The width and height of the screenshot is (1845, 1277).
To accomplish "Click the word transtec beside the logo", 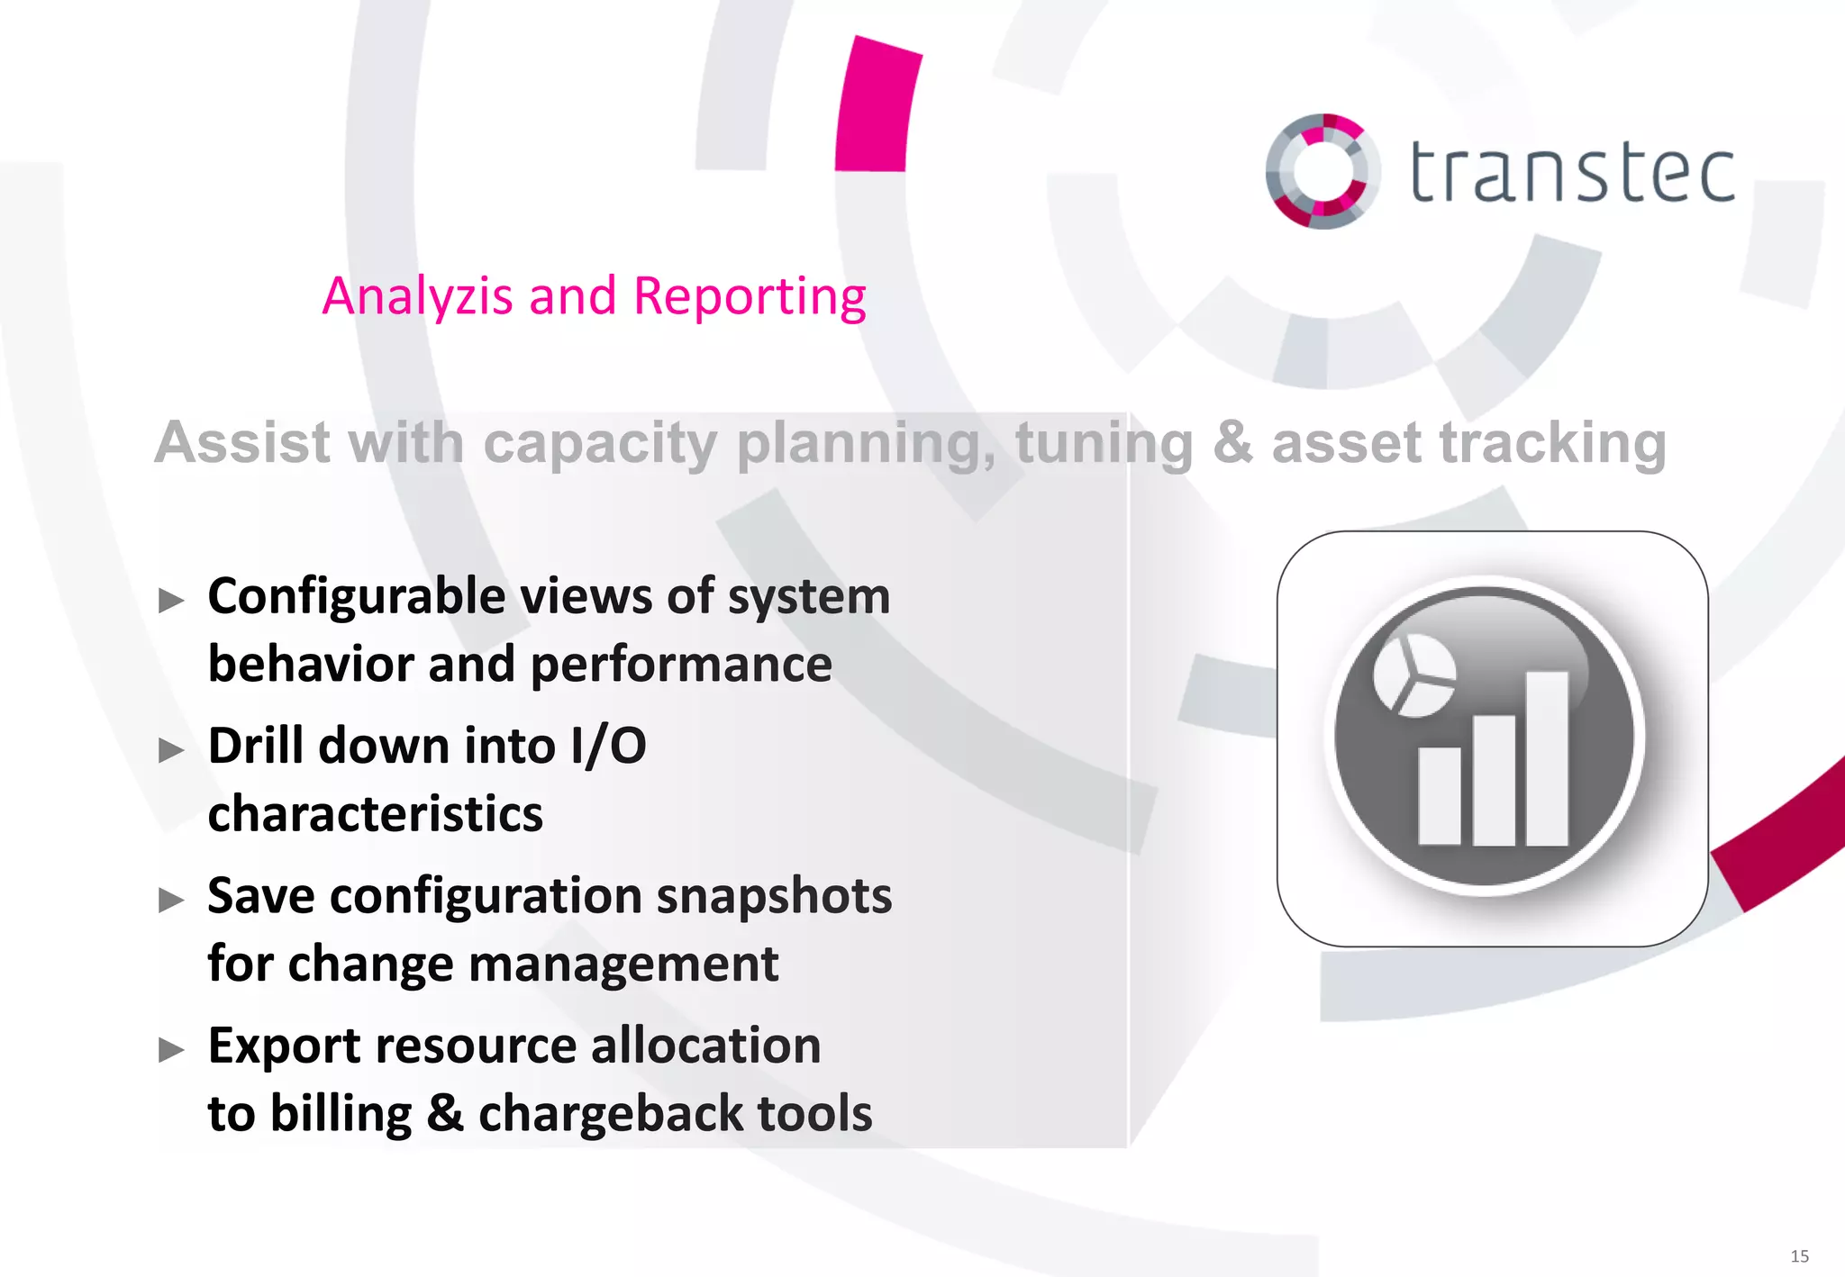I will tap(1572, 172).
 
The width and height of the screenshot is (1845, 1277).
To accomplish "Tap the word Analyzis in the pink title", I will tap(417, 296).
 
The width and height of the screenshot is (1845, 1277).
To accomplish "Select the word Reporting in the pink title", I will tap(750, 298).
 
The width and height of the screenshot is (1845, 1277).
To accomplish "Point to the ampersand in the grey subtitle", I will tap(1232, 443).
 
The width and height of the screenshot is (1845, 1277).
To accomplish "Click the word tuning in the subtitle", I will tap(1104, 445).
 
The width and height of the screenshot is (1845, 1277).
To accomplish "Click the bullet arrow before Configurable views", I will tap(171, 600).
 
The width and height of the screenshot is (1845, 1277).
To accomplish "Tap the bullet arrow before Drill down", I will tap(171, 749).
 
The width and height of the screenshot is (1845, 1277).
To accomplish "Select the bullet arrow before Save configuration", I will tap(171, 899).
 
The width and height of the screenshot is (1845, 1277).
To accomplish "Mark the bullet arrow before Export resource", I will tap(171, 1049).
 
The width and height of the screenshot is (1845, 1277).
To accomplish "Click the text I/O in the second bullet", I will tap(608, 747).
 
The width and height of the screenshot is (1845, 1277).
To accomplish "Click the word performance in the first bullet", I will tap(681, 665).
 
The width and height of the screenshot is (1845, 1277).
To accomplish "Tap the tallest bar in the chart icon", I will tap(1547, 757).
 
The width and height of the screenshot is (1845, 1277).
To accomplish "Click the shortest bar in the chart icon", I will tap(1439, 796).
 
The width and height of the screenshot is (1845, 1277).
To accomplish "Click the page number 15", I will tap(1799, 1256).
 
